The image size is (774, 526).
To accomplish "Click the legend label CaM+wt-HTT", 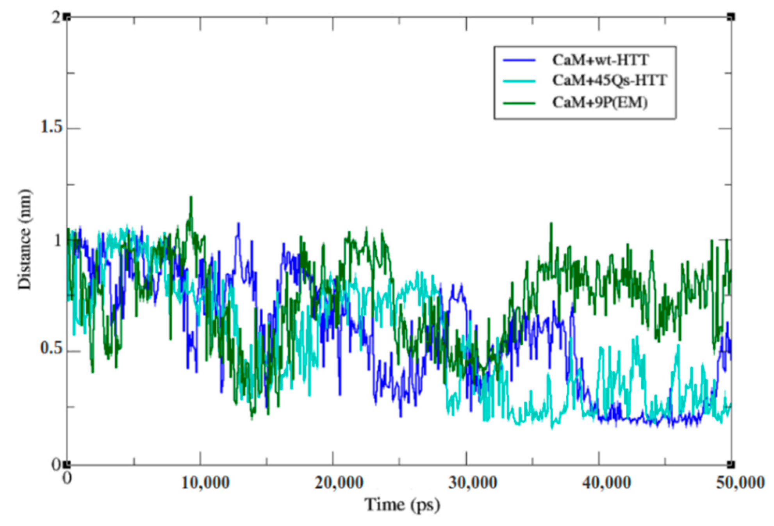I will click(600, 60).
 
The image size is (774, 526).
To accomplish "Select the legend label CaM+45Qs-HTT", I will click(609, 80).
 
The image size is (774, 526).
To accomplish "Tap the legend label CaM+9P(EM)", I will click(600, 103).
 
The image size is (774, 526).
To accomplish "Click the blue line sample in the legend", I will click(519, 60).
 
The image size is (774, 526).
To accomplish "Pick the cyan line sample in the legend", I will click(519, 81).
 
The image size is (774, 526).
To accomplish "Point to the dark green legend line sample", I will click(519, 103).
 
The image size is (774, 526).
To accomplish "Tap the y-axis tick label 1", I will click(58, 240).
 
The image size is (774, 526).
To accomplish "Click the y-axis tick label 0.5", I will click(51, 349).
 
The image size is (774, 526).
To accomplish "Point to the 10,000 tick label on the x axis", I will click(205, 483).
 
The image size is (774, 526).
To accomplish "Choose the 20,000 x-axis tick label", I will click(339, 483).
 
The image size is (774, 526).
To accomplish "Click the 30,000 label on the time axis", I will click(472, 483).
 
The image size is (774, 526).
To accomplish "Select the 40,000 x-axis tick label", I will click(606, 483).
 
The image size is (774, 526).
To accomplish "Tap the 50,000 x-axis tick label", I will click(740, 483).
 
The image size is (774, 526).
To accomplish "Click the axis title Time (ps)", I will click(402, 505).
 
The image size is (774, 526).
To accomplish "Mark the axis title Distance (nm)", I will click(25, 239).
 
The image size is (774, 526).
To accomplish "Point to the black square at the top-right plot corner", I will click(731, 17).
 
